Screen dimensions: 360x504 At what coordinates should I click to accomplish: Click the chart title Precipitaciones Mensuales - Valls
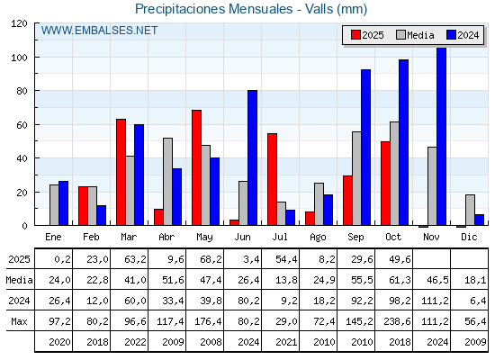[252, 9]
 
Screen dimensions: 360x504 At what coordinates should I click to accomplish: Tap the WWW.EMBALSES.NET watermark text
[99, 31]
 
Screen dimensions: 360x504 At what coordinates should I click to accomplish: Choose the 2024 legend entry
[461, 35]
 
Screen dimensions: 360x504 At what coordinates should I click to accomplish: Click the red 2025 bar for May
[196, 168]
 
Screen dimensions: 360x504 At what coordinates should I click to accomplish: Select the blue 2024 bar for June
[253, 158]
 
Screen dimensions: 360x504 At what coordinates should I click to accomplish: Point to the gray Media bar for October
[394, 174]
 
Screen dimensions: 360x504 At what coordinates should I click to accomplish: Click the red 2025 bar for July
[272, 180]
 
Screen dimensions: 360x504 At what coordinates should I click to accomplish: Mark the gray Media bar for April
[167, 182]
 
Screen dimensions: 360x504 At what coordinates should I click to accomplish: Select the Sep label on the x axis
[356, 236]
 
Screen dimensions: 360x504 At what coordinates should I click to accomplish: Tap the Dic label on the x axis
[470, 236]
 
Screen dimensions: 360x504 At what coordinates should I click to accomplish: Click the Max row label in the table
[18, 321]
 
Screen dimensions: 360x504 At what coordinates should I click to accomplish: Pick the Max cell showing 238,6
[394, 321]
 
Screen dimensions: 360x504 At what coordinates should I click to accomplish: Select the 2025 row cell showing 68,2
[205, 259]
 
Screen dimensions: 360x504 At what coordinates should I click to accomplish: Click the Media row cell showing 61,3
[394, 280]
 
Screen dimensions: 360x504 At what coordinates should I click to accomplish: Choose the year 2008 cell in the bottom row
[205, 342]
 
